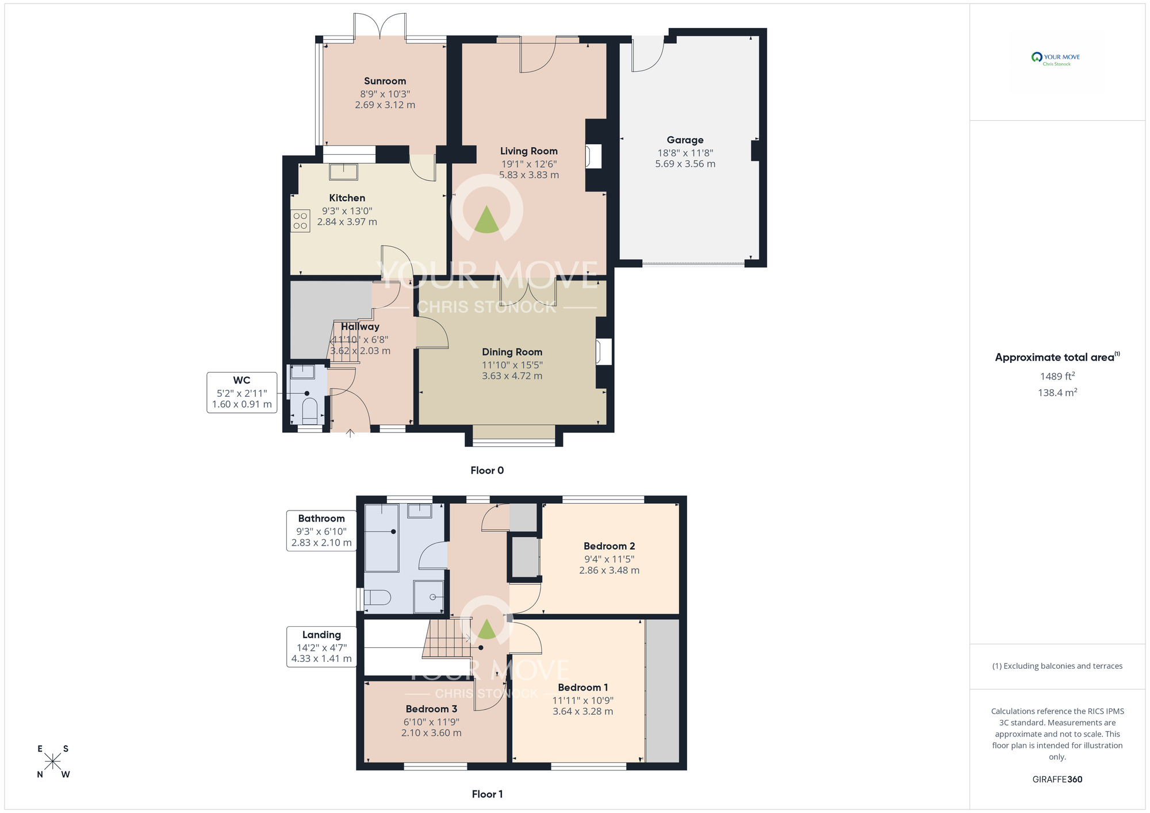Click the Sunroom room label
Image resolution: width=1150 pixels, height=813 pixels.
click(x=385, y=81)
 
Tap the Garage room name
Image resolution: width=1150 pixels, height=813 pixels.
click(x=685, y=140)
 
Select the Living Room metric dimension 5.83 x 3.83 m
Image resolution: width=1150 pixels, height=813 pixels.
click(x=529, y=175)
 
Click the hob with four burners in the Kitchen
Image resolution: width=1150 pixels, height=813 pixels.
click(x=300, y=221)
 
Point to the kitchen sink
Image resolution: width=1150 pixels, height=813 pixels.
click(x=343, y=172)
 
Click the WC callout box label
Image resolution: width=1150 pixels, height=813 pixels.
click(x=241, y=380)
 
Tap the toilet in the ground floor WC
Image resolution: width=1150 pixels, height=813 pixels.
click(x=309, y=410)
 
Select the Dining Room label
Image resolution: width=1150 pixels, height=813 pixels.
click(x=512, y=352)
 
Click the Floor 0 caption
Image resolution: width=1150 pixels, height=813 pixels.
click(x=487, y=470)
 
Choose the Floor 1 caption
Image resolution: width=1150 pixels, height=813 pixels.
click(x=487, y=794)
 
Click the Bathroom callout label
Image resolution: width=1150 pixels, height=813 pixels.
click(x=321, y=519)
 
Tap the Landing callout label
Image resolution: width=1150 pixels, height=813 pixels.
click(x=321, y=635)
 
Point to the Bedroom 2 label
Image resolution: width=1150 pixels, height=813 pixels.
click(x=609, y=546)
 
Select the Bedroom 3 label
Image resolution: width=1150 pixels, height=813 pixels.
click(x=431, y=709)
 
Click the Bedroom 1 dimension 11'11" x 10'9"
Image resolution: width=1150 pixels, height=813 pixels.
click(x=582, y=700)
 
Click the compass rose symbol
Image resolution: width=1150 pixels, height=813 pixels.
click(x=53, y=761)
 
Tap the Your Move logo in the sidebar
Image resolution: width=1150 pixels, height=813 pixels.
click(x=1056, y=59)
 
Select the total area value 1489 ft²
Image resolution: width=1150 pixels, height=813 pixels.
click(x=1057, y=376)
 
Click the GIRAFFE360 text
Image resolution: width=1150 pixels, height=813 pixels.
click(x=1057, y=780)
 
